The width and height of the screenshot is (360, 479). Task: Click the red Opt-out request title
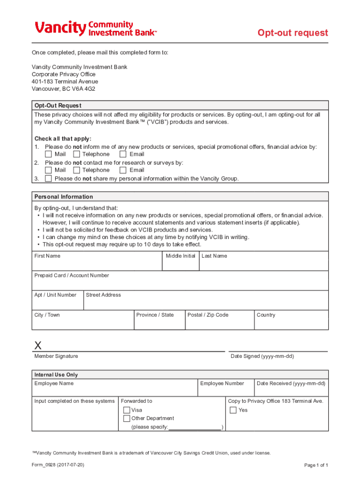pyautogui.click(x=293, y=33)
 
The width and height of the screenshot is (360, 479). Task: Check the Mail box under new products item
pyautogui.click(x=49, y=154)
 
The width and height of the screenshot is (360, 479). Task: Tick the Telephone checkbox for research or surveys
pyautogui.click(x=77, y=170)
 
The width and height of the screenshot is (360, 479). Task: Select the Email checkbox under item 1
pyautogui.click(x=123, y=154)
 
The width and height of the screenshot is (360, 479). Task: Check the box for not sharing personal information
pyautogui.click(x=49, y=179)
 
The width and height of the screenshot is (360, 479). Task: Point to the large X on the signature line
pyautogui.click(x=38, y=346)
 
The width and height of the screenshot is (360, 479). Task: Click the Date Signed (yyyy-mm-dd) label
pyautogui.click(x=262, y=356)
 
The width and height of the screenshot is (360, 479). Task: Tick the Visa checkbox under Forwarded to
pyautogui.click(x=127, y=410)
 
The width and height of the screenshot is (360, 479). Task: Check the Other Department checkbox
pyautogui.click(x=127, y=419)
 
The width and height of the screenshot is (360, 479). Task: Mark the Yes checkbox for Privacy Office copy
pyautogui.click(x=233, y=410)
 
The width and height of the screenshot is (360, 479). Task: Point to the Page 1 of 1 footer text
pyautogui.click(x=316, y=465)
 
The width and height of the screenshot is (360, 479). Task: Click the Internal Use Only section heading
pyautogui.click(x=56, y=375)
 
